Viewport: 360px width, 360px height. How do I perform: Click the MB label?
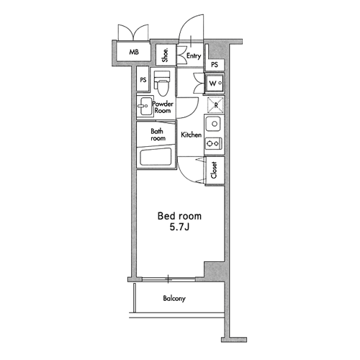(134, 52)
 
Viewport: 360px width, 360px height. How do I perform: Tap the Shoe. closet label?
(165, 55)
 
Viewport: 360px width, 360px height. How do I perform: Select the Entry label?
(194, 56)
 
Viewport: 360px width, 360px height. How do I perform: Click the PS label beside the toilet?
(143, 80)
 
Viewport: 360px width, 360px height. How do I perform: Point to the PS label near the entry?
(215, 65)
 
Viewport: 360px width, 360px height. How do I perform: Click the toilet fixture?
(163, 84)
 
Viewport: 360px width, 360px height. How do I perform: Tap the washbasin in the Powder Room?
(144, 106)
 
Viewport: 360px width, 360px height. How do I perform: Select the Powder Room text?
(163, 107)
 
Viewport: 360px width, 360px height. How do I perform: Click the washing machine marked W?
(214, 84)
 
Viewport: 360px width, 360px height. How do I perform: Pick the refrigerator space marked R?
(215, 105)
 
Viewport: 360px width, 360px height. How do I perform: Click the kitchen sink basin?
(215, 124)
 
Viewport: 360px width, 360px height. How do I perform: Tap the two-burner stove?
(213, 143)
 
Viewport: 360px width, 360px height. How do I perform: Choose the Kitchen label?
(191, 135)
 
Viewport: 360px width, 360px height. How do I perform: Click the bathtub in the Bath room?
(156, 157)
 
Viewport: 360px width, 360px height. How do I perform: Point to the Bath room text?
(158, 135)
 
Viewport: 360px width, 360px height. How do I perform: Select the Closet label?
(214, 170)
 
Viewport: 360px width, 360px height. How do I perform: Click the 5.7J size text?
(179, 227)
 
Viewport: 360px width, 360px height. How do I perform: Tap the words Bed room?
(179, 216)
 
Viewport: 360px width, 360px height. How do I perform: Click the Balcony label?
(174, 299)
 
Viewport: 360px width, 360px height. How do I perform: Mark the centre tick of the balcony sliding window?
(168, 279)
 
